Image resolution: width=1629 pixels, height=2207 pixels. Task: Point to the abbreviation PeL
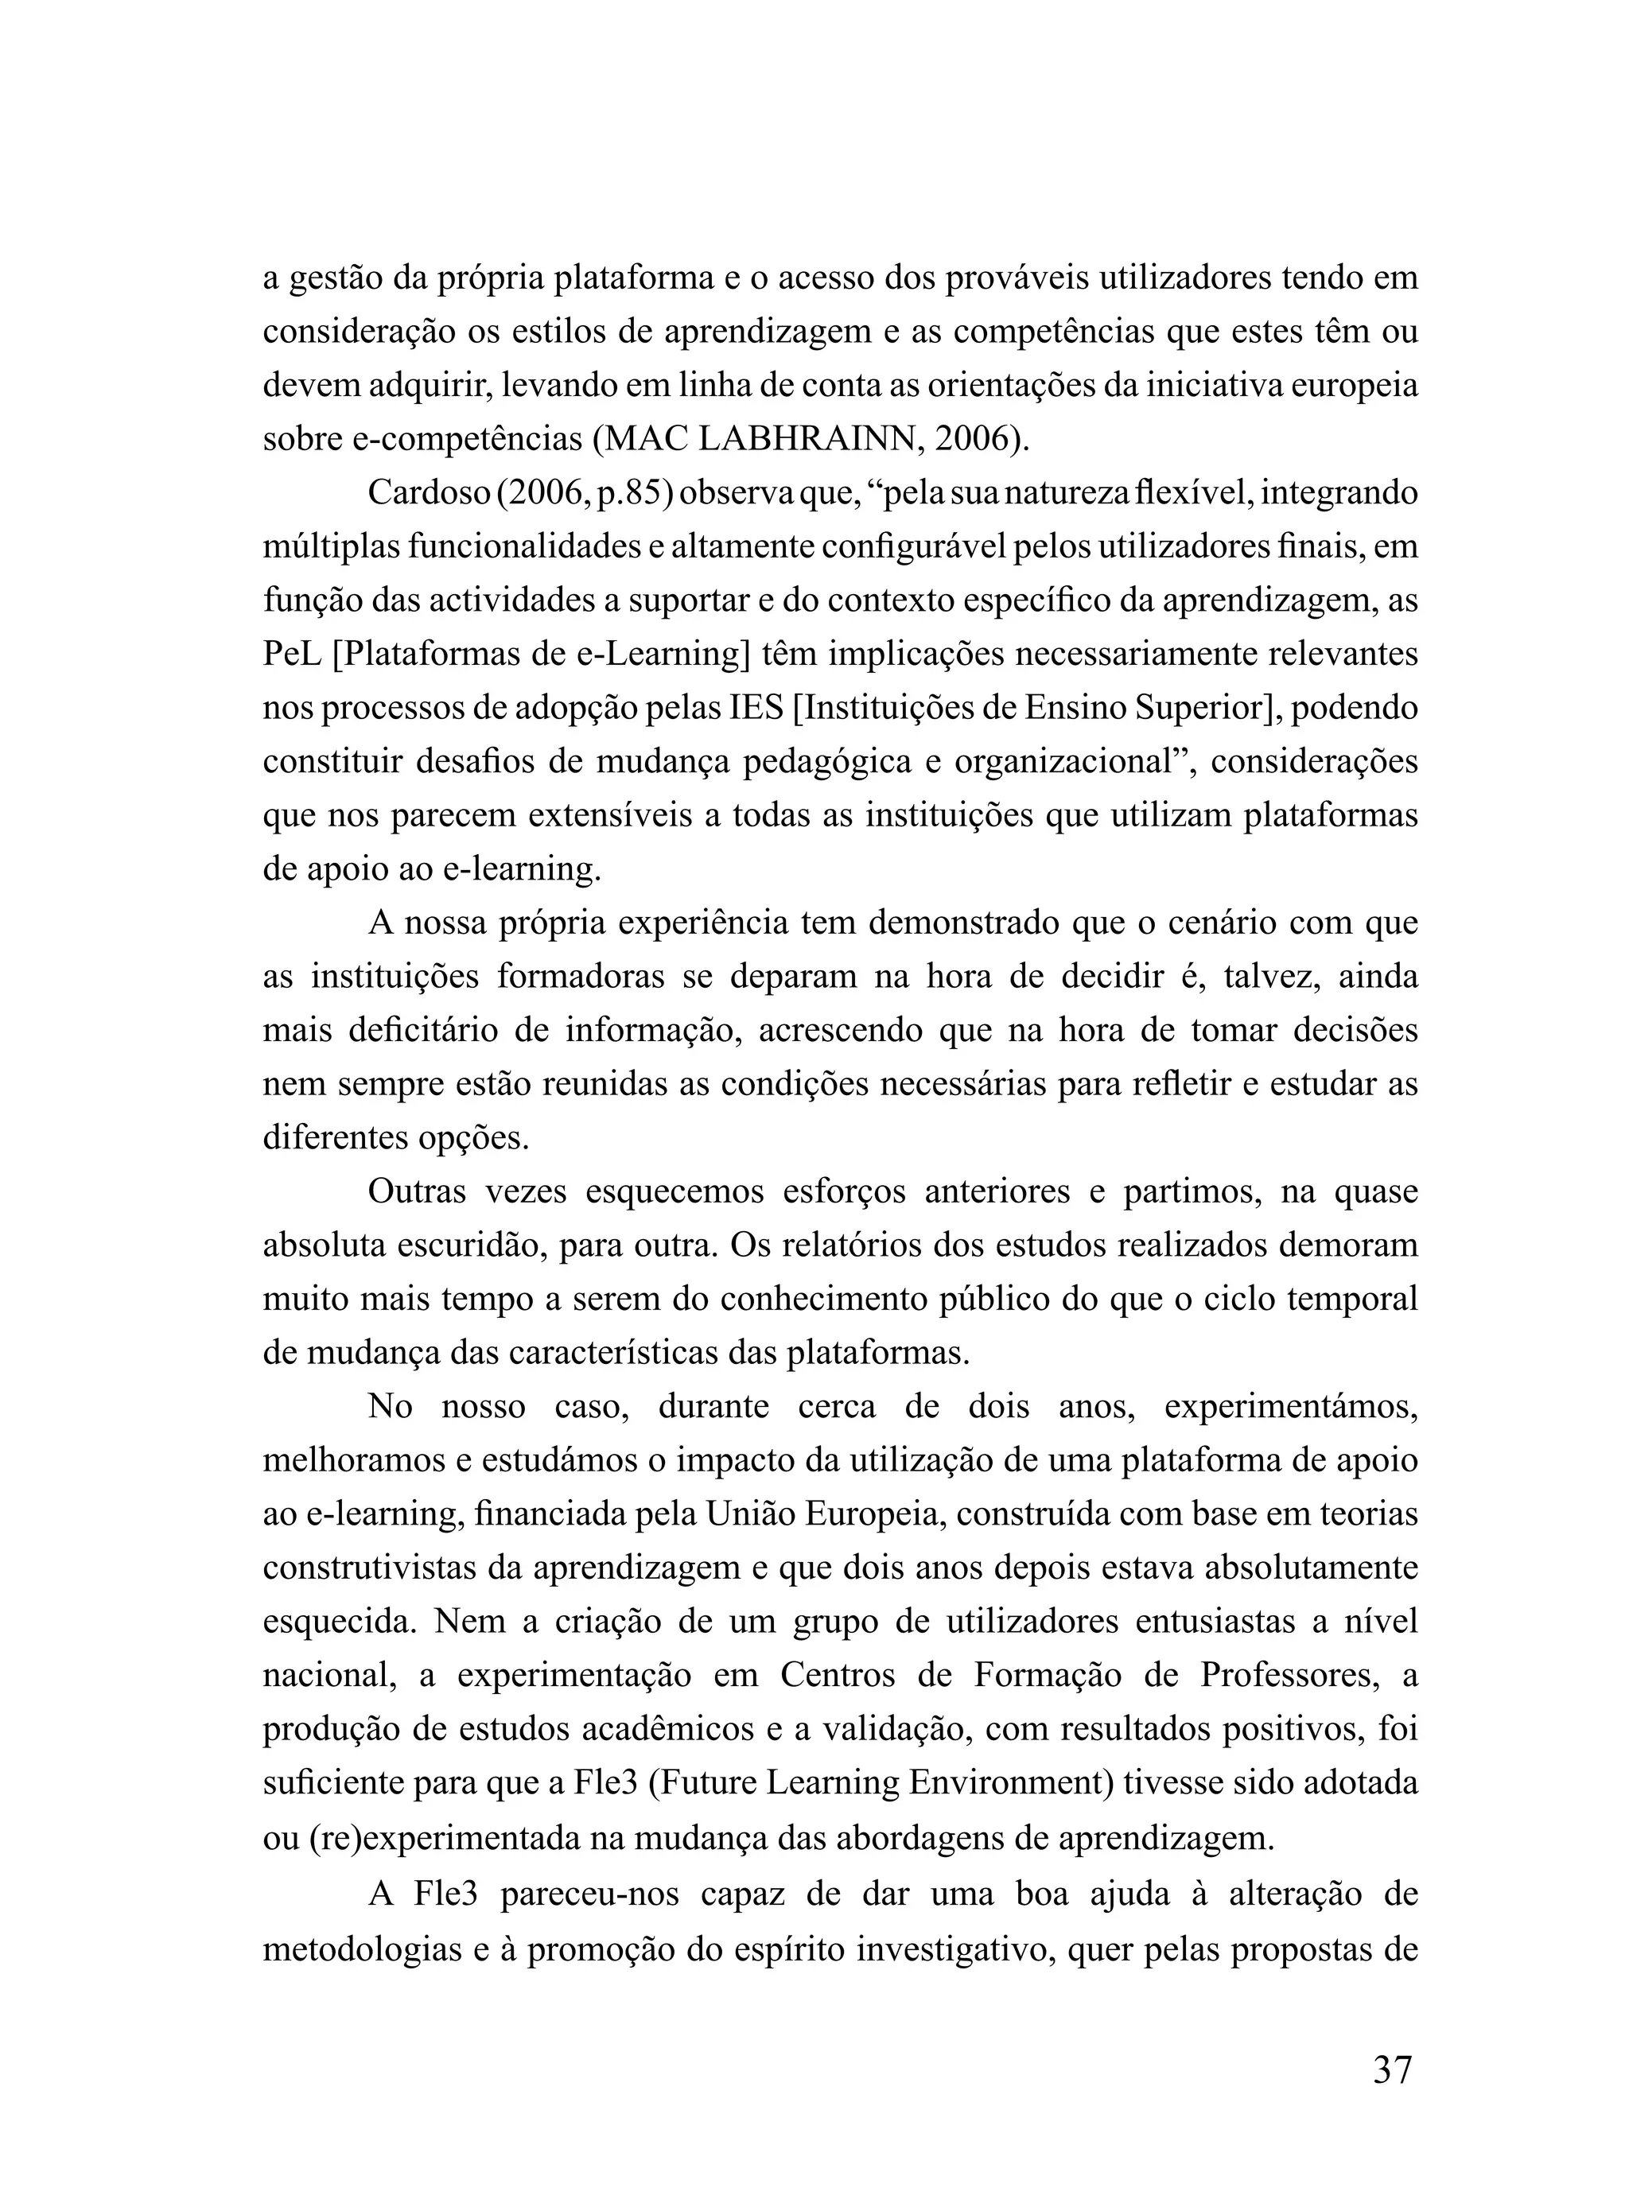293,654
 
